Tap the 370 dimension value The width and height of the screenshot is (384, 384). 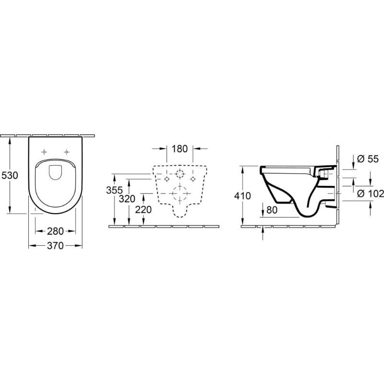(x=56, y=246)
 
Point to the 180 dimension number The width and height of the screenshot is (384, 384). (x=179, y=149)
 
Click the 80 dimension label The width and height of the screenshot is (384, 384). (x=272, y=209)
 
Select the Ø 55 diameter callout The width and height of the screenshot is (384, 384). (x=369, y=159)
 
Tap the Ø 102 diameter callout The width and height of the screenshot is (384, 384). (x=371, y=193)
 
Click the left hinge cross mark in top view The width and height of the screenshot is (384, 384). (x=45, y=152)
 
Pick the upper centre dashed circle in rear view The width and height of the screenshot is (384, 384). (x=180, y=173)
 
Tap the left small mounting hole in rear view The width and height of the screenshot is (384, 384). (x=167, y=179)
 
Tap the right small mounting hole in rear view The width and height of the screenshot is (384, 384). (x=193, y=179)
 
